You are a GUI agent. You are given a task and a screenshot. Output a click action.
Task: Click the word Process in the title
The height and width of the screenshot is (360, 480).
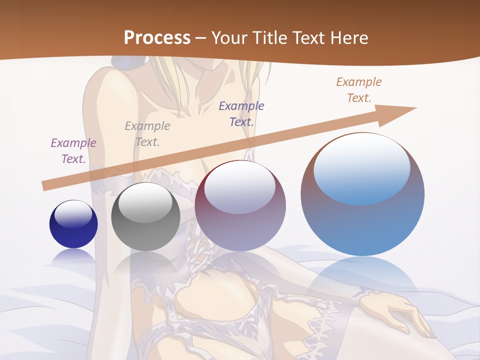point(157,38)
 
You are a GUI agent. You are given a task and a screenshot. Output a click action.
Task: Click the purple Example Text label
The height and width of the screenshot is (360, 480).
point(73,151)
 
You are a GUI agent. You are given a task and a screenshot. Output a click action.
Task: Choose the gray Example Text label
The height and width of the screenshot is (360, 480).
point(147,134)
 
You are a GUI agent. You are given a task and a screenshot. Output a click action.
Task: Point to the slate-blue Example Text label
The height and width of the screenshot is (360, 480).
point(241,113)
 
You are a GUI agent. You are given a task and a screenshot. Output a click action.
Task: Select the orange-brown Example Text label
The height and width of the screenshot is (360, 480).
point(359,90)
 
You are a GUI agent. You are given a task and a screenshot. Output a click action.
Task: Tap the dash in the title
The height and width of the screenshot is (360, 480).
point(201,38)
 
